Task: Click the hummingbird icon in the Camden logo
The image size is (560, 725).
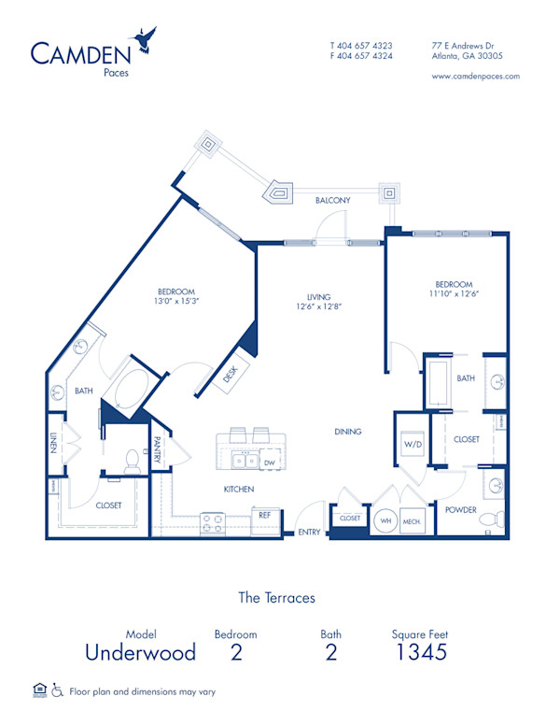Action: point(145,37)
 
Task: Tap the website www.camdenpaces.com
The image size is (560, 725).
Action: point(476,77)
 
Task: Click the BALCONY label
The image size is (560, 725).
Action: point(332,200)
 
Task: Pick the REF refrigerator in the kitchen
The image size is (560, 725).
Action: point(263,514)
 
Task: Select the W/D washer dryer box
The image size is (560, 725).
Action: point(413,445)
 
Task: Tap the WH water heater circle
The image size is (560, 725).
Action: point(385,521)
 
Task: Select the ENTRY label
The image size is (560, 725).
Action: point(309,533)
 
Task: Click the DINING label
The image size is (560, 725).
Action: point(348,432)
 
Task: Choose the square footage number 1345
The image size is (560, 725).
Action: point(420,652)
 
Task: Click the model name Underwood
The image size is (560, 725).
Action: point(140,652)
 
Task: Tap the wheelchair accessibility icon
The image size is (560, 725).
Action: point(57,691)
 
